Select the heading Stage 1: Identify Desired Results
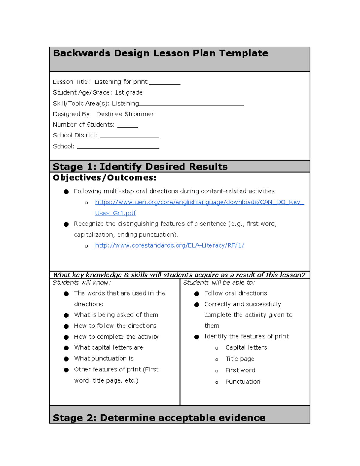coord(140,167)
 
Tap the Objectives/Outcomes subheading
coord(104,178)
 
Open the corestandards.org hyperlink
coord(169,245)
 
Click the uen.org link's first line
coord(199,202)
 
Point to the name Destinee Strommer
coord(125,114)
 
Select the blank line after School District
coord(129,136)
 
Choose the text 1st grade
coord(129,92)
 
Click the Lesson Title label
coord(71,82)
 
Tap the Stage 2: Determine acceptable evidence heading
coord(159,418)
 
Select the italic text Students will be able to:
coord(219,283)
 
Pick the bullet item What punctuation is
coord(104,359)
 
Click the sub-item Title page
coord(240,359)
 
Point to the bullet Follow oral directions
coord(235,293)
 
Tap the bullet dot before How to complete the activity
coord(66,337)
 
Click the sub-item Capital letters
coord(246,347)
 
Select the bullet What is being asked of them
coord(116,315)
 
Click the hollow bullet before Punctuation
coord(217,382)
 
